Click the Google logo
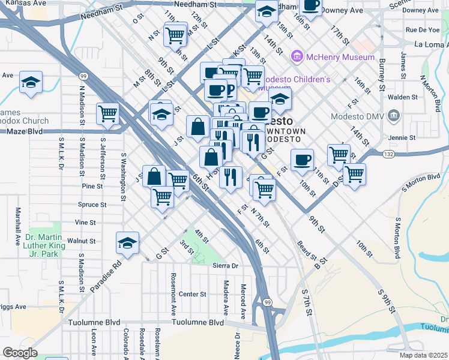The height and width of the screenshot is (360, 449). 20,353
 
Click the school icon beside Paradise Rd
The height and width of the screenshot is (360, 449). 127,243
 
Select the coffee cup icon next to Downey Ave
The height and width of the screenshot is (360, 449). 311,6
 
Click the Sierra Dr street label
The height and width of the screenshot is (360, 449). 226,265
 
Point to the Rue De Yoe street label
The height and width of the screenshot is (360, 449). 422,29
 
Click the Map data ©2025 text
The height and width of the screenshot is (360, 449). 424,355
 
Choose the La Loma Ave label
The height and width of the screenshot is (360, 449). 431,44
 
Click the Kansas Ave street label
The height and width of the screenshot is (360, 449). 23,3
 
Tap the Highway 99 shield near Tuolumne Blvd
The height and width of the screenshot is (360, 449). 267,301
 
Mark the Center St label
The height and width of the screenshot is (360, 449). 193,295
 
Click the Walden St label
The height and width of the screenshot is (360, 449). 403,97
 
